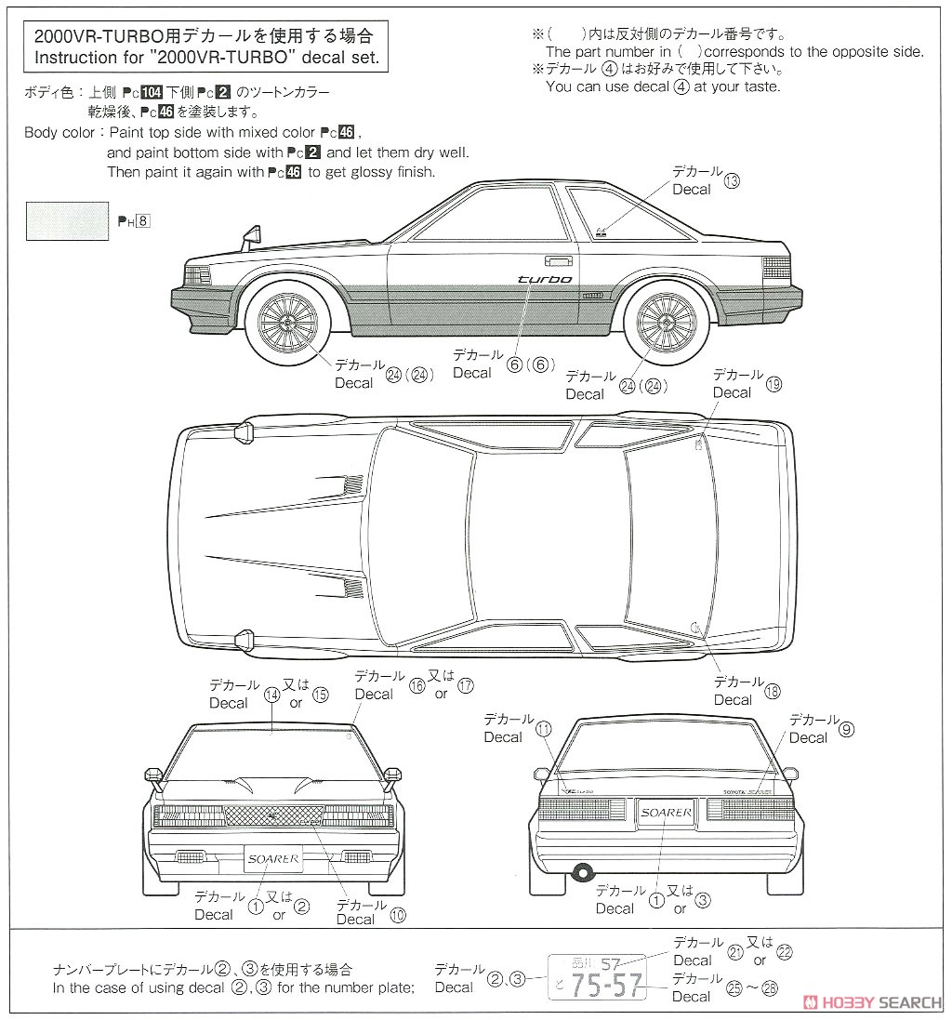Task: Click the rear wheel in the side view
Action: click(x=666, y=321)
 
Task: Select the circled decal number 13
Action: click(x=732, y=180)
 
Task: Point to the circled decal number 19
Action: click(x=773, y=384)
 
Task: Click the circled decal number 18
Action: click(x=773, y=691)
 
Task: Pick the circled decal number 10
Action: click(x=398, y=914)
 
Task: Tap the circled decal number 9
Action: click(x=845, y=729)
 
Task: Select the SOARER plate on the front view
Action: click(x=273, y=858)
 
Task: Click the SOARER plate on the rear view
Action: click(x=666, y=813)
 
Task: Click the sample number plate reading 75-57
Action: click(x=598, y=976)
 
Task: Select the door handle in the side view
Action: click(x=557, y=261)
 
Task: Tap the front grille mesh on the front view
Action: click(x=272, y=815)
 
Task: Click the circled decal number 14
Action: click(x=271, y=694)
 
